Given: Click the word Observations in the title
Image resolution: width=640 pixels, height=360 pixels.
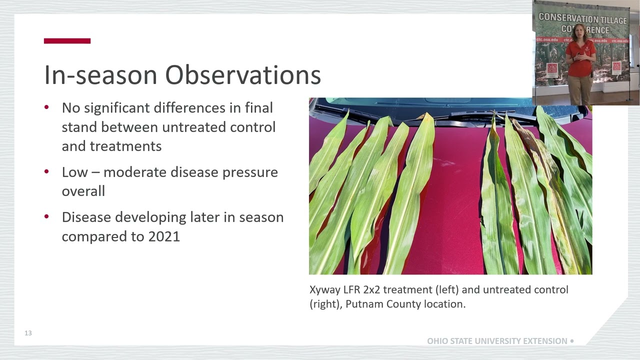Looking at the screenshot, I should point(243,75).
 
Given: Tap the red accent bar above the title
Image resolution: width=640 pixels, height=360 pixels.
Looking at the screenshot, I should point(67,41).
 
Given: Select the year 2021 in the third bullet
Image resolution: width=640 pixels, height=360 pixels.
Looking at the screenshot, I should point(164,236).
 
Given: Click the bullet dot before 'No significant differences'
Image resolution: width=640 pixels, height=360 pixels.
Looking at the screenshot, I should point(47,107).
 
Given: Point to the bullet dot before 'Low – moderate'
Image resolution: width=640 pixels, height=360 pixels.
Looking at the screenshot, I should point(47,172).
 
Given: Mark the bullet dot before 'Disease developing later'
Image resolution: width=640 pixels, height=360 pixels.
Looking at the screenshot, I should point(47,217).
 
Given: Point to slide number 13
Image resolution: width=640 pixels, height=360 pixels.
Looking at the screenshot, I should point(28,333).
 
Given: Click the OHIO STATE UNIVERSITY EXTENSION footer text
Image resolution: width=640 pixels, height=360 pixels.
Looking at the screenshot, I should point(497,341).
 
